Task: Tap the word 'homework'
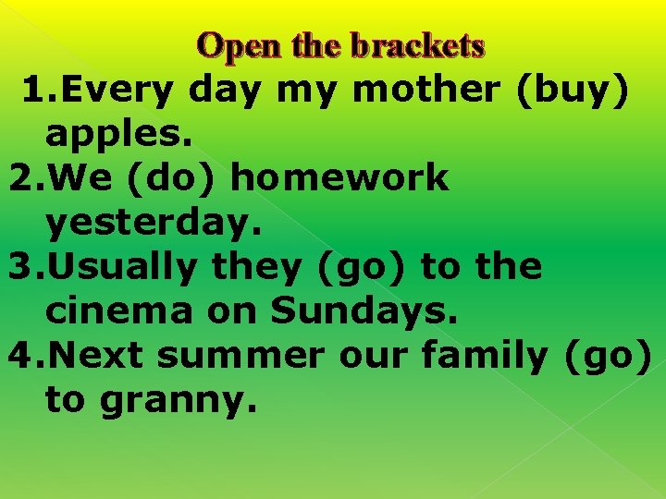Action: click(339, 178)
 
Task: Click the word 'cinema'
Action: click(118, 311)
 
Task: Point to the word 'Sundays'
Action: click(364, 311)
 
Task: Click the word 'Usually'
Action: click(126, 268)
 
